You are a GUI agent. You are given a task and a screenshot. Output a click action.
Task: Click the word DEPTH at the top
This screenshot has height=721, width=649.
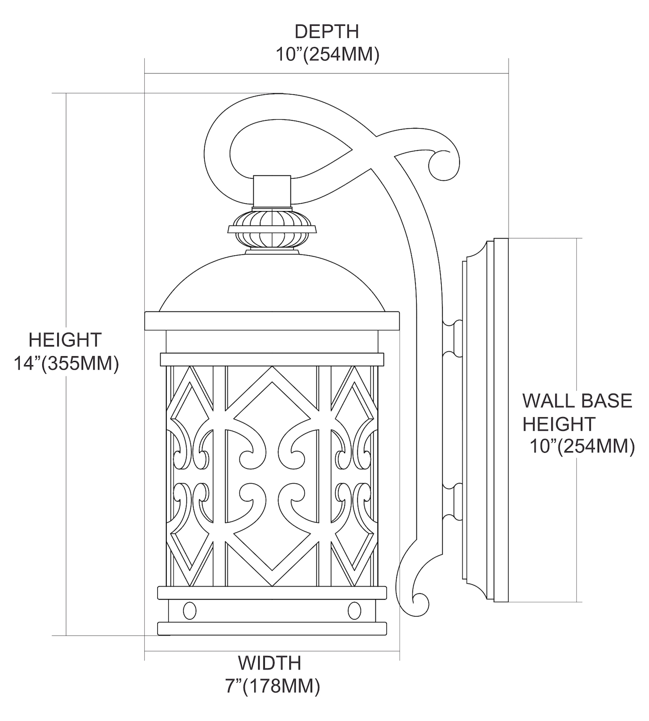326,32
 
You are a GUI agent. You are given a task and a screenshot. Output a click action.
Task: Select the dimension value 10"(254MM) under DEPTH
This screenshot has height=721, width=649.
327,54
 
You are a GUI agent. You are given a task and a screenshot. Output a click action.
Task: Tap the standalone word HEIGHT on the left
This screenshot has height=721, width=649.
65,340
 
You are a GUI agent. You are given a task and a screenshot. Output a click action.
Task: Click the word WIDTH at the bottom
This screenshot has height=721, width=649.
270,663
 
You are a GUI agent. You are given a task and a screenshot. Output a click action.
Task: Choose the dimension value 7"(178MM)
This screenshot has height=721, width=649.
272,686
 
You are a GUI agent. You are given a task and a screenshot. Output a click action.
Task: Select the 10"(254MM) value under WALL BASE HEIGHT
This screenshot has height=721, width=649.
582,447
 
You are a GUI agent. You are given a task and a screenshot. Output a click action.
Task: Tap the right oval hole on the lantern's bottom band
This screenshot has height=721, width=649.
354,610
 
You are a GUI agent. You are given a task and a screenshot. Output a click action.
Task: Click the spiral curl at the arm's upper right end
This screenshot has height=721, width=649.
442,163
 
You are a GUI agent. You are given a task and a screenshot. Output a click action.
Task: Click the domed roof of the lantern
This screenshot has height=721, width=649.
272,284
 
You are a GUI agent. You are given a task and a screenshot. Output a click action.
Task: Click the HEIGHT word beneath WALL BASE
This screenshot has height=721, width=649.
559,424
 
